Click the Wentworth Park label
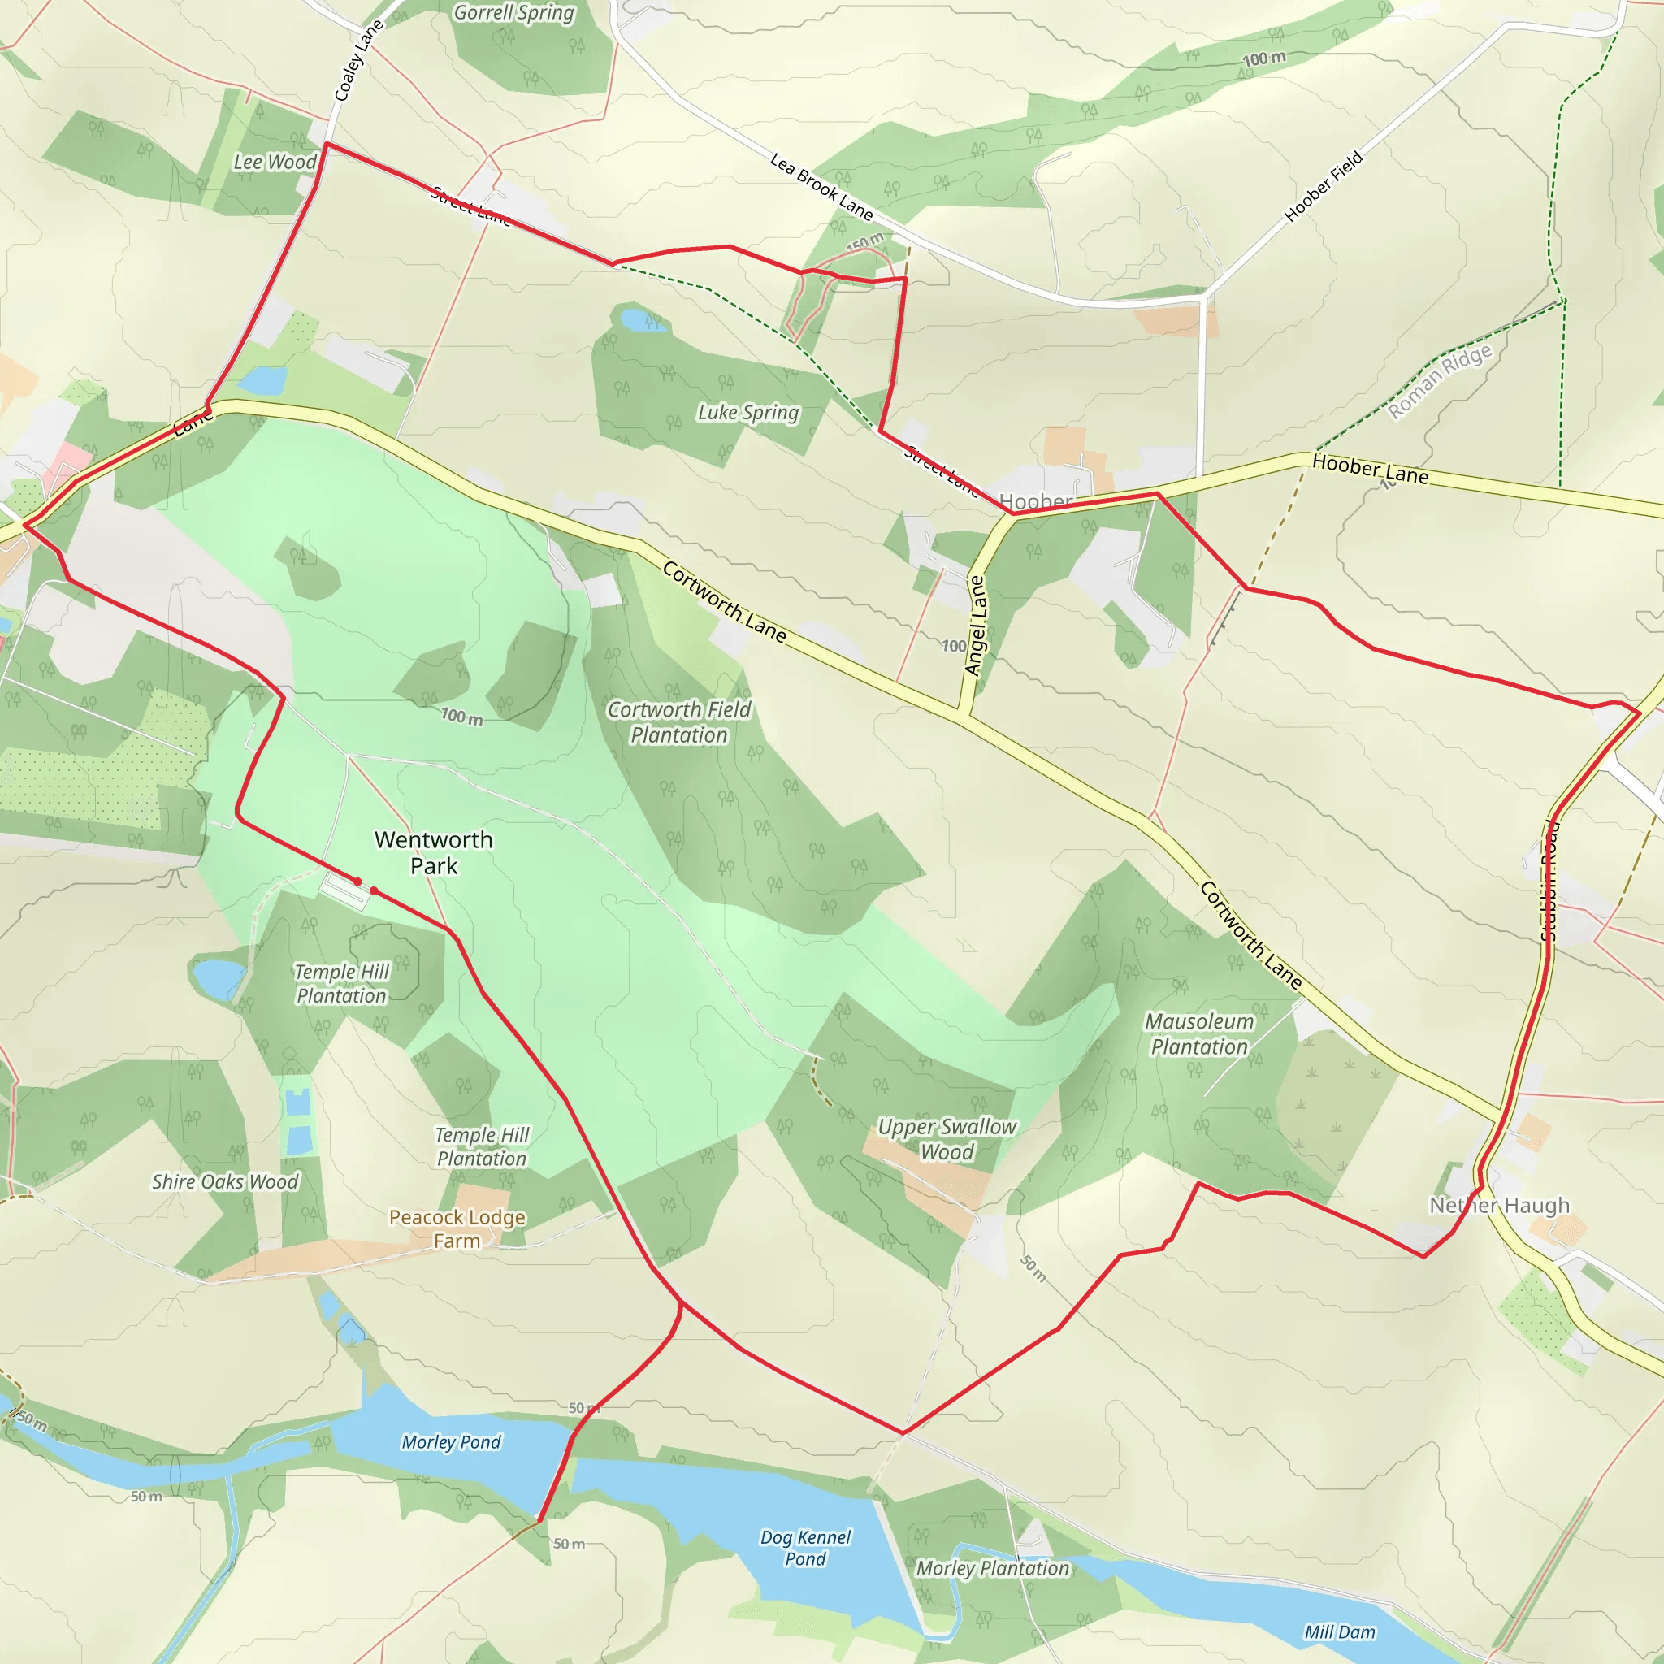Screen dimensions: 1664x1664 (433, 852)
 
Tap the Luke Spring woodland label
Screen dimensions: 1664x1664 (747, 413)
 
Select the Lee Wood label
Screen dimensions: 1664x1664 (275, 162)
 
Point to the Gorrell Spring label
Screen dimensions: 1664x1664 (513, 13)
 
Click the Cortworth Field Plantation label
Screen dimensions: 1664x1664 (678, 721)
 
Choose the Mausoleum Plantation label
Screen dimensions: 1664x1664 (1199, 1033)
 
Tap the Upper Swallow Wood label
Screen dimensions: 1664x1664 (947, 1138)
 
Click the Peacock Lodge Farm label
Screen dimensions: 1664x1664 (457, 1228)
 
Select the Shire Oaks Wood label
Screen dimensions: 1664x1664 (225, 1181)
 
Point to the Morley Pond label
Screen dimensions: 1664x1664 (450, 1442)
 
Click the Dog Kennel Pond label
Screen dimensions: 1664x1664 (805, 1548)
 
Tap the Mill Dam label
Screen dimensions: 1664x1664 (1339, 1632)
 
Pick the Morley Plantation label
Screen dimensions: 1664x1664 (991, 1568)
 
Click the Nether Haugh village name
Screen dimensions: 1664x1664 (1500, 1205)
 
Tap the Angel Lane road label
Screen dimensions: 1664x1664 (974, 625)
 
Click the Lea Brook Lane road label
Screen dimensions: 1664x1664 (821, 186)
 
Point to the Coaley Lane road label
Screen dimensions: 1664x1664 (357, 60)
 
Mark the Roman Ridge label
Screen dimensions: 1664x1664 (1439, 382)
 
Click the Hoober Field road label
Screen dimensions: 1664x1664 (1324, 186)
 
